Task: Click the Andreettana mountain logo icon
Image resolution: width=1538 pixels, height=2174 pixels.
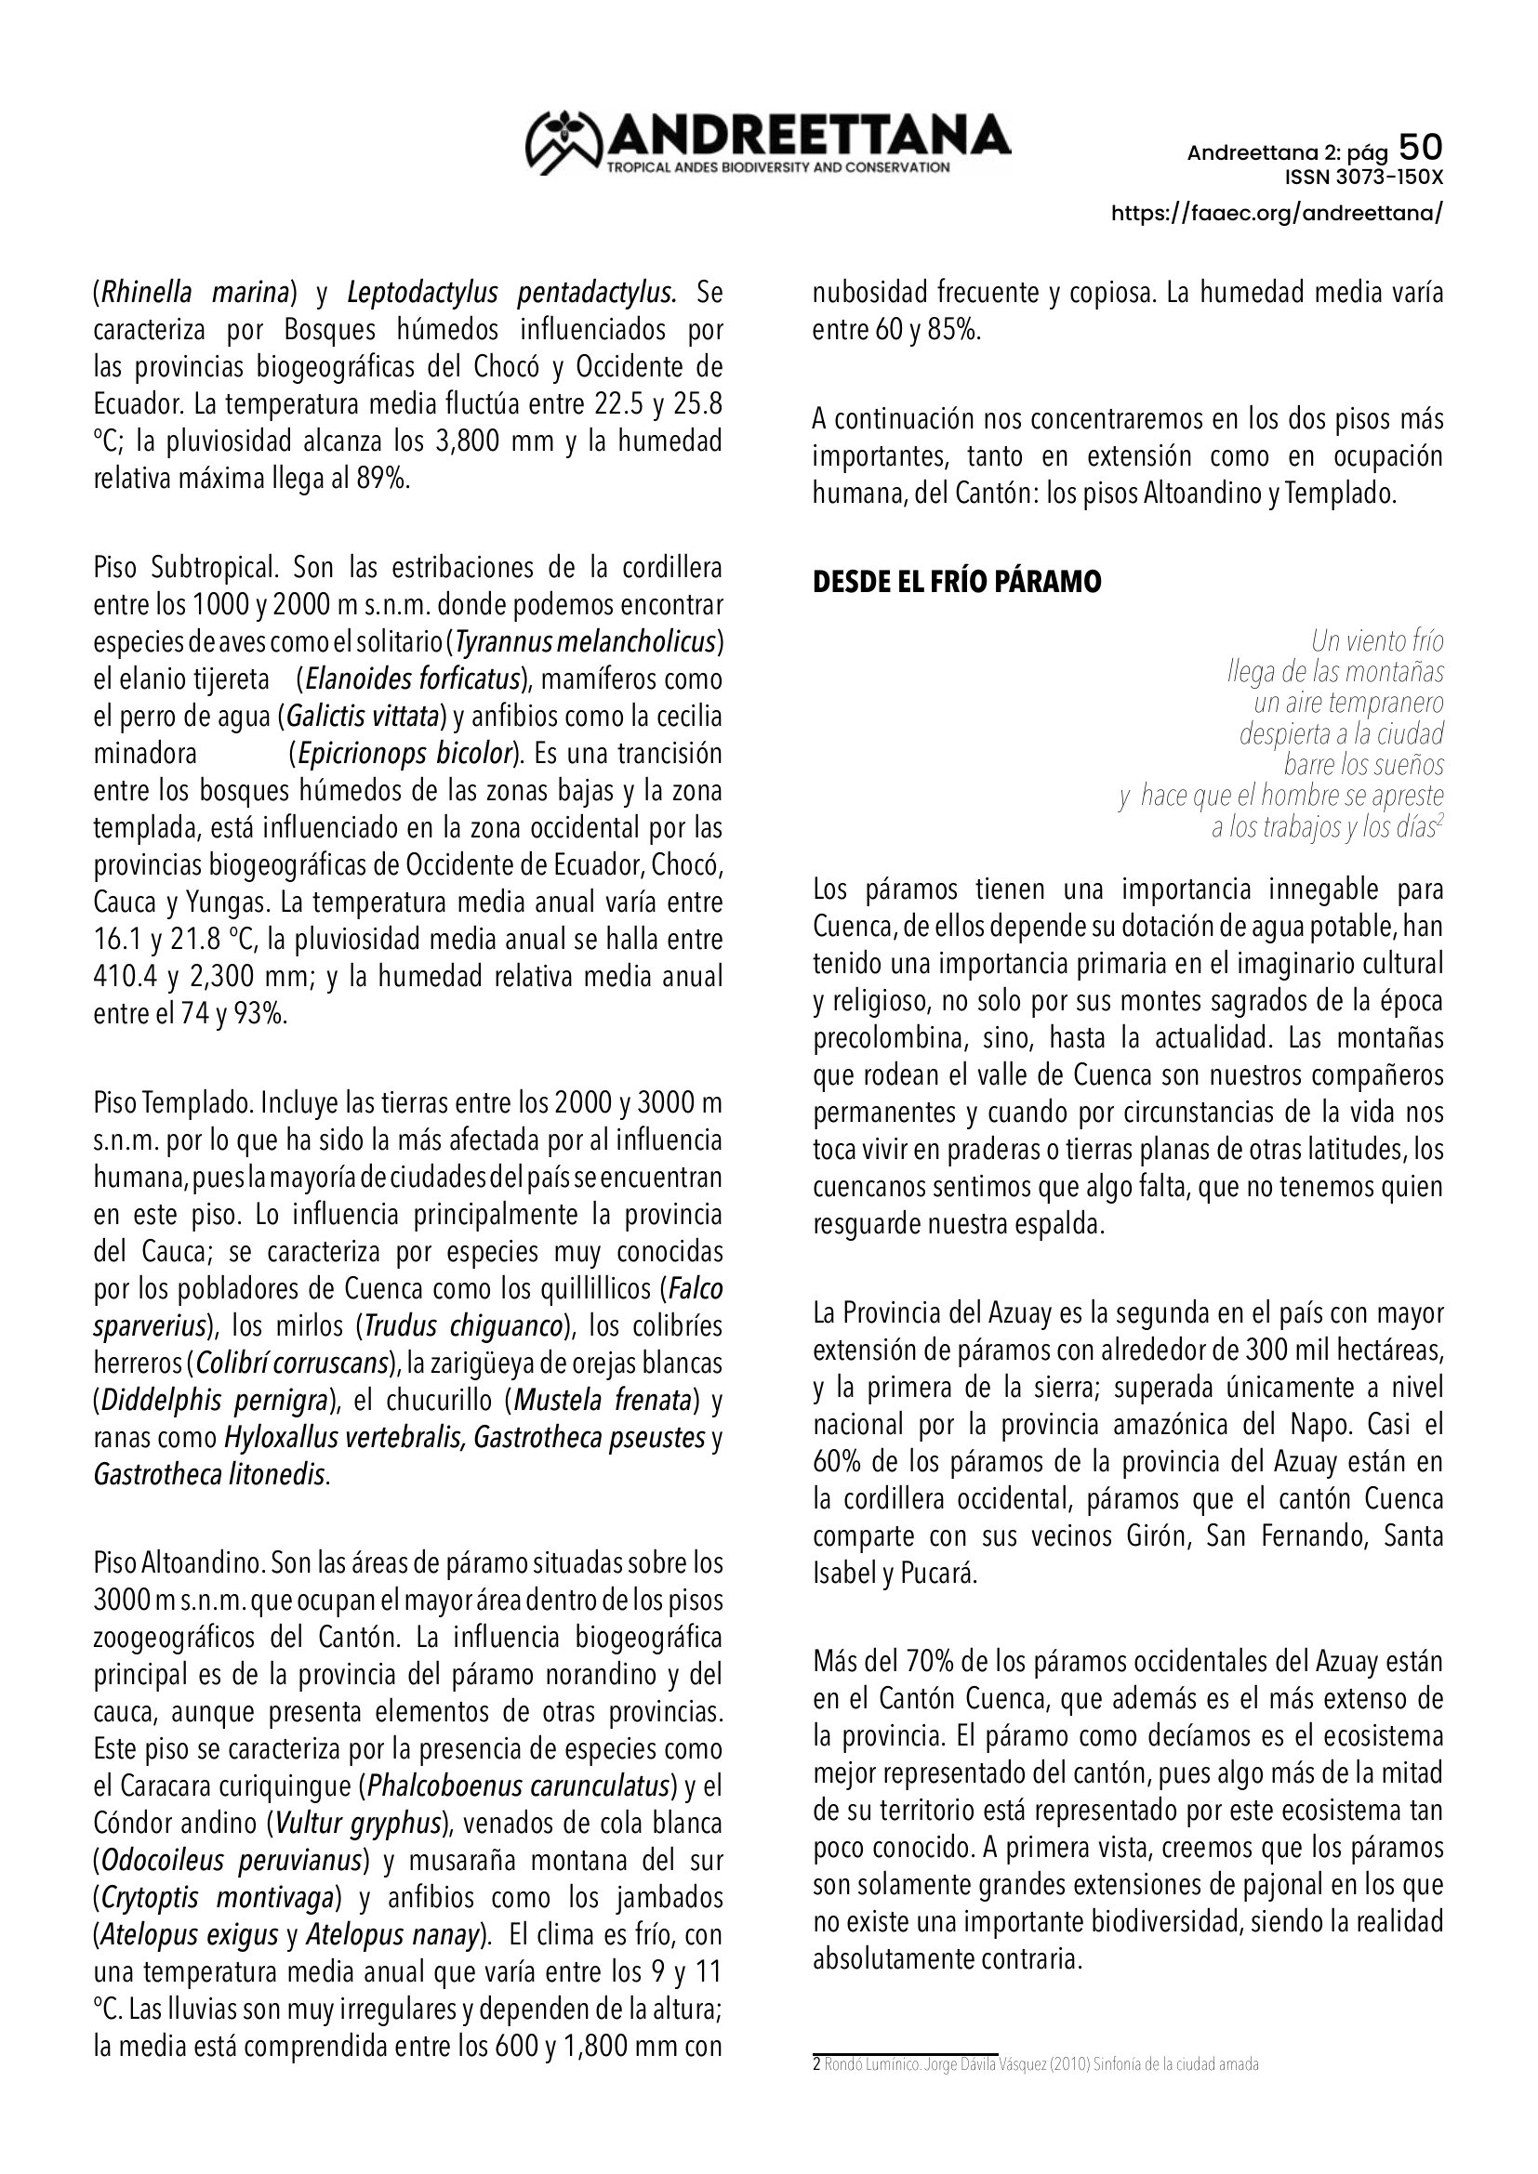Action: pyautogui.click(x=564, y=143)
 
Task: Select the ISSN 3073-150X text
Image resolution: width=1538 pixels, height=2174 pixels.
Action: pyautogui.click(x=1363, y=178)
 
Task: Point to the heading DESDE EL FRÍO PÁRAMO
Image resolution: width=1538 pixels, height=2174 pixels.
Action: pyautogui.click(x=957, y=581)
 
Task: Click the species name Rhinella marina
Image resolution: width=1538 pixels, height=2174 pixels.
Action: pyautogui.click(x=195, y=293)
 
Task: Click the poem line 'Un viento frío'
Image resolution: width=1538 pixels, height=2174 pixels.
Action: pyautogui.click(x=1377, y=641)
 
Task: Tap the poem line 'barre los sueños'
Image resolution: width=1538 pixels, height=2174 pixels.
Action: pyautogui.click(x=1364, y=763)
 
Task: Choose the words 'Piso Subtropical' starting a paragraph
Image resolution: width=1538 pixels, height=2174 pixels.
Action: pyautogui.click(x=185, y=567)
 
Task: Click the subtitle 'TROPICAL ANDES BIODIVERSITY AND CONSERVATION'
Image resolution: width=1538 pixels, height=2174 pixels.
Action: pyautogui.click(x=777, y=167)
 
